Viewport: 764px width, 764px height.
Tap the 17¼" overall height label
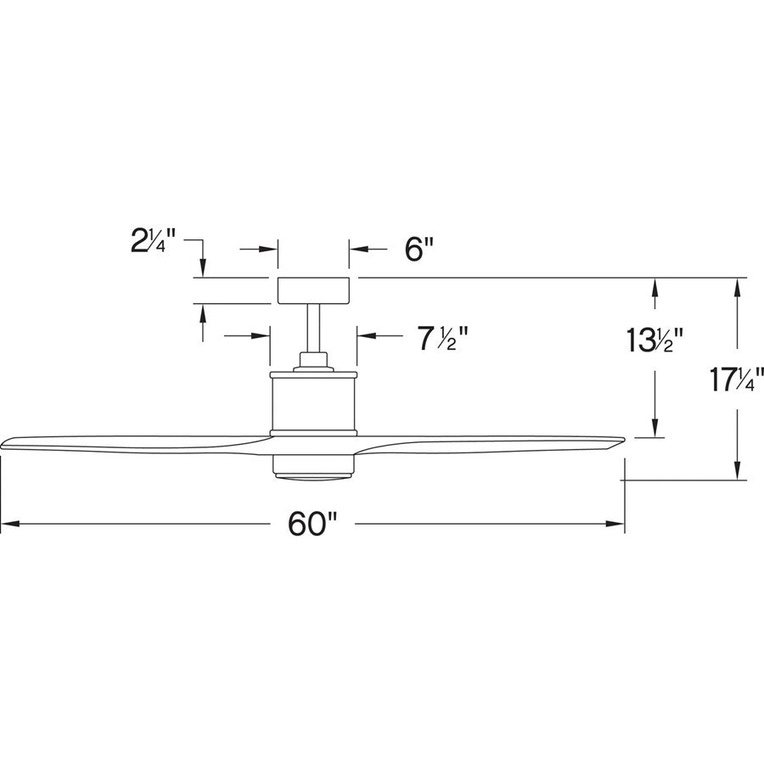pos(735,378)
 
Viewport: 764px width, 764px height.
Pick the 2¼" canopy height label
pos(154,244)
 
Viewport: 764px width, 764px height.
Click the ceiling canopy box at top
pos(314,290)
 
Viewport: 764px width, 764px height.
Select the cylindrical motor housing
pos(313,402)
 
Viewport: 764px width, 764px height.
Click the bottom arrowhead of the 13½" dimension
pos(654,430)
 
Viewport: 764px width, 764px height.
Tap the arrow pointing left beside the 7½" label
pos(365,336)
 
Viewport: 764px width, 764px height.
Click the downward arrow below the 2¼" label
pos(202,267)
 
